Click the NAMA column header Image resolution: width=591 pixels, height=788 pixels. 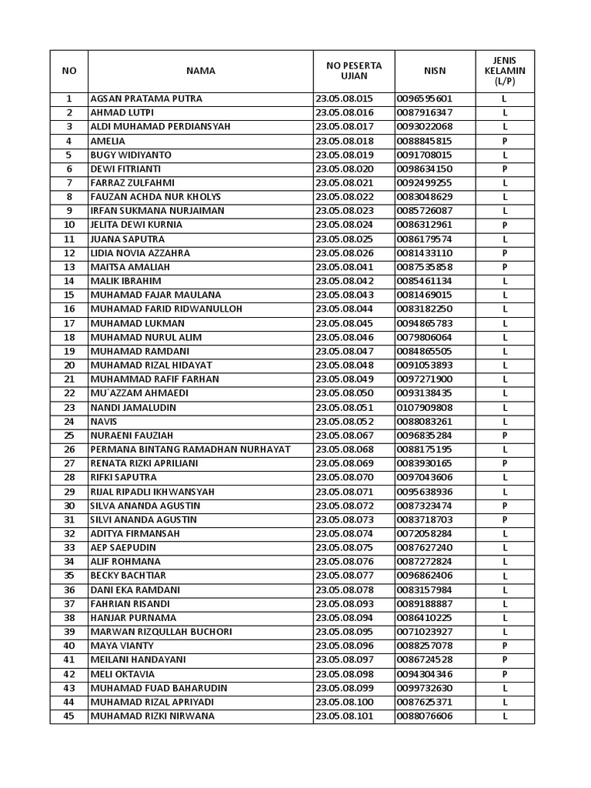(x=200, y=71)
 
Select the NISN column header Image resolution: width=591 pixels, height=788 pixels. (x=434, y=71)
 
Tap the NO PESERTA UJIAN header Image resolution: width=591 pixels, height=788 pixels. (x=354, y=71)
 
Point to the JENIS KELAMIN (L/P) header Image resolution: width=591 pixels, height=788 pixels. (x=505, y=71)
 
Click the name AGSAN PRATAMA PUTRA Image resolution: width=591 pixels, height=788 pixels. (x=146, y=99)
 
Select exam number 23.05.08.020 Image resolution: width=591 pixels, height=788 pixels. (x=344, y=169)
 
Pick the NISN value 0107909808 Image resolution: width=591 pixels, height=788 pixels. (x=425, y=408)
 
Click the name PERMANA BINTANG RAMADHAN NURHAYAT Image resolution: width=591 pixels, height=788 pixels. (x=190, y=449)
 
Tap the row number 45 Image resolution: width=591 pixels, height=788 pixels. (x=69, y=716)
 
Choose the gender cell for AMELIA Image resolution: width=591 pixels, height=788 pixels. (x=505, y=142)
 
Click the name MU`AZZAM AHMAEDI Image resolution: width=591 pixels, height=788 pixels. (x=139, y=393)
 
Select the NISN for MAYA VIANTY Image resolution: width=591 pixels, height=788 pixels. (x=425, y=646)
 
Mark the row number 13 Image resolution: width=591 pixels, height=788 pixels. (x=69, y=267)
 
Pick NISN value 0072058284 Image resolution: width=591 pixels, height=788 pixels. (x=425, y=533)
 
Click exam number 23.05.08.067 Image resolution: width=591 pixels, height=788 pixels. (x=344, y=436)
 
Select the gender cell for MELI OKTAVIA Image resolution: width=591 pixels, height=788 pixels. (x=505, y=674)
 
